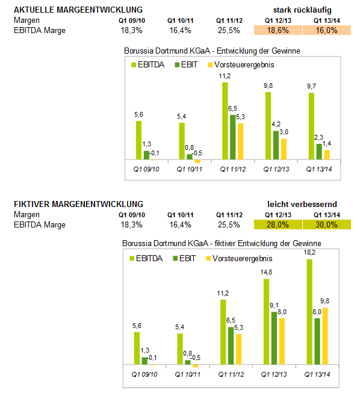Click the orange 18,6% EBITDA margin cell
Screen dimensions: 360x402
(x=278, y=30)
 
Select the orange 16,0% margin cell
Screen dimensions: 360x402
(x=327, y=30)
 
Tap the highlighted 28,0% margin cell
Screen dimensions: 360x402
(x=278, y=224)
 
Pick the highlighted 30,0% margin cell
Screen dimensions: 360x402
(x=327, y=224)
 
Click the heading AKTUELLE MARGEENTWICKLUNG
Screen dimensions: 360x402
(x=78, y=10)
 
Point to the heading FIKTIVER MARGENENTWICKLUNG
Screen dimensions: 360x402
(x=78, y=204)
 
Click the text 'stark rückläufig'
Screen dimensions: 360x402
(x=302, y=10)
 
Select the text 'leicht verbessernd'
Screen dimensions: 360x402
(x=302, y=205)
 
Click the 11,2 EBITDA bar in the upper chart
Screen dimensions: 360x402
(x=225, y=121)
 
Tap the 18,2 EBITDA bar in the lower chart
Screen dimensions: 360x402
(x=309, y=312)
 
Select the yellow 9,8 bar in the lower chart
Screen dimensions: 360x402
(x=325, y=336)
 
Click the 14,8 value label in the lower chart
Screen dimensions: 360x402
(x=266, y=272)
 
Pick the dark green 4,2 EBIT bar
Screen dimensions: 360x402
(x=276, y=145)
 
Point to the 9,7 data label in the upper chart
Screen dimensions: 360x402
(x=312, y=86)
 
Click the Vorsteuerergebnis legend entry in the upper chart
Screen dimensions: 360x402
(x=241, y=64)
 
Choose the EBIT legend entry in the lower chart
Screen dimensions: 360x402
(x=184, y=258)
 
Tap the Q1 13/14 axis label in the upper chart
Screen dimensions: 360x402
(x=319, y=169)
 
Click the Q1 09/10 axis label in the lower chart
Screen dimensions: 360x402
(x=144, y=374)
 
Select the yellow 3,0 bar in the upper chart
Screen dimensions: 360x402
(x=284, y=149)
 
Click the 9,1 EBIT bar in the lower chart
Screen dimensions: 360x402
(x=274, y=338)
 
